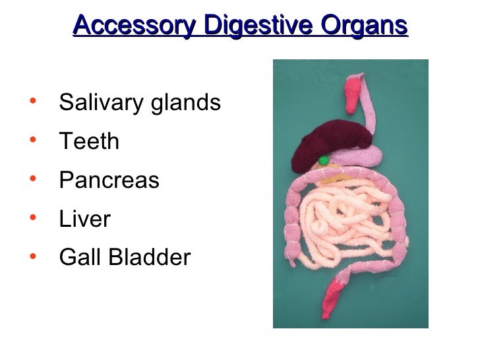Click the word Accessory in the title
[134, 26]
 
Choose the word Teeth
[89, 141]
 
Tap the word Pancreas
[109, 180]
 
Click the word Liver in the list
[84, 219]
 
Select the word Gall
[78, 257]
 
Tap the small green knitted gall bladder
[323, 160]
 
